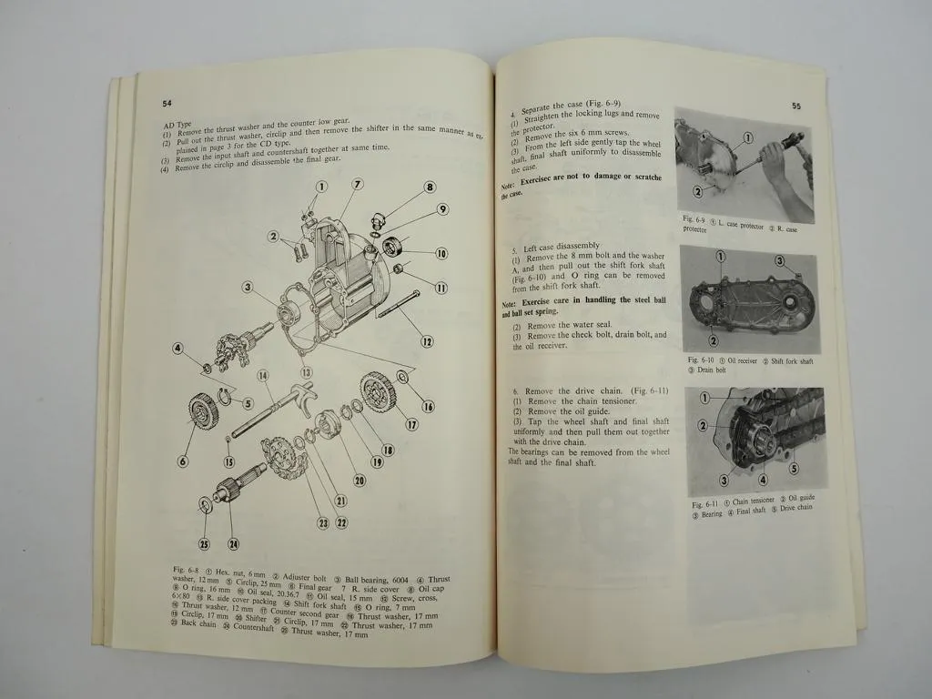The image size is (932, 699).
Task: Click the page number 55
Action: tap(796, 106)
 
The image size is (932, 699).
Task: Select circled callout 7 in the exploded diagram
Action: tap(358, 185)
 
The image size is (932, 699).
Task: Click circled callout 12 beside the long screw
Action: tap(426, 342)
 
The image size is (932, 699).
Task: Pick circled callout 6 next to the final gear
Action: tap(183, 461)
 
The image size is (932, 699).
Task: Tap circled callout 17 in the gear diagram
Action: tap(411, 424)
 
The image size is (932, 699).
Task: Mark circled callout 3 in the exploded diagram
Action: tap(247, 288)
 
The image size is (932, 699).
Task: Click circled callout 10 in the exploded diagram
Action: tap(441, 254)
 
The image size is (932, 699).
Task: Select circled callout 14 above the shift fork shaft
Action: tap(262, 375)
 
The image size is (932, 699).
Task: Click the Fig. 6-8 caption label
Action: tap(186, 570)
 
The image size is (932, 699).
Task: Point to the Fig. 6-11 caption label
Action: tap(705, 504)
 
